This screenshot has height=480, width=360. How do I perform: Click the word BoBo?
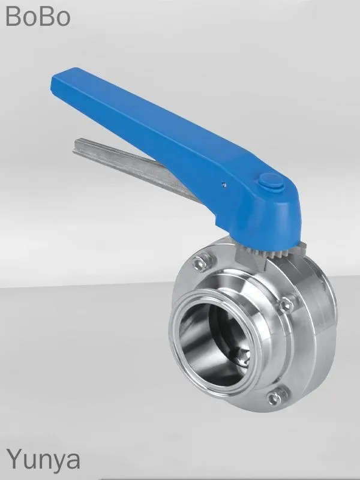[38, 16]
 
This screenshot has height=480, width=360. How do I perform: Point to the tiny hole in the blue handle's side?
[224, 184]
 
